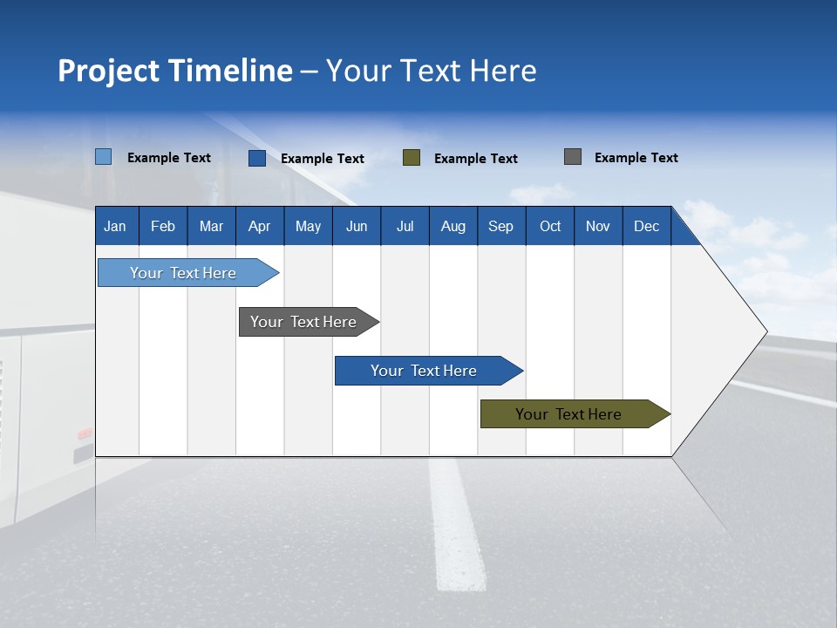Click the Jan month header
coord(116,226)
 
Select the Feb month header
coord(163,226)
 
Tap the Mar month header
coord(211,226)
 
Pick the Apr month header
coord(259,226)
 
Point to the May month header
coord(308,226)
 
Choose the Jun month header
coord(357,226)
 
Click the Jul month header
coord(405,226)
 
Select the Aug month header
coord(453,226)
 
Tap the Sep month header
coord(500,226)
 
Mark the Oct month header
coord(550,226)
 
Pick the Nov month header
coord(598,226)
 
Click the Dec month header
coord(646,226)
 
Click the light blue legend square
coord(103,157)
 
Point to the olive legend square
coord(412,157)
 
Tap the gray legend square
coord(572,157)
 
